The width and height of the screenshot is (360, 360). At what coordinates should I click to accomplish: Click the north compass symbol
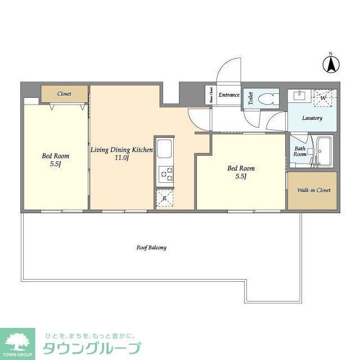click(331, 64)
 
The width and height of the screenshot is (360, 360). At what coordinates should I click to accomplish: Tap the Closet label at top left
click(64, 93)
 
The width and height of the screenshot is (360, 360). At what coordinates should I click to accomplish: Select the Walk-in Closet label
click(313, 190)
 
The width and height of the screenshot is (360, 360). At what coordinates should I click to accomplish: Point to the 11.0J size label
click(122, 158)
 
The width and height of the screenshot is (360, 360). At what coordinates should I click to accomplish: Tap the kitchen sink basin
click(166, 150)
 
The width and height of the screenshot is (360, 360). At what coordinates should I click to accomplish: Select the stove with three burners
click(166, 175)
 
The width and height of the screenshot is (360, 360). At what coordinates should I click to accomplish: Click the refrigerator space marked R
click(164, 198)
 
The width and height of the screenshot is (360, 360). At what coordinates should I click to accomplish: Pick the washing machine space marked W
click(323, 97)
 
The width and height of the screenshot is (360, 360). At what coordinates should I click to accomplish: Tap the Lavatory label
click(312, 118)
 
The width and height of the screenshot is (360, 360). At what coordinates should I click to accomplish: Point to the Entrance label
click(229, 95)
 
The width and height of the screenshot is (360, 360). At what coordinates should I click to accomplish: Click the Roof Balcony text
click(151, 247)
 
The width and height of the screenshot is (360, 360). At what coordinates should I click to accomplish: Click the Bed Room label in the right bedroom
click(241, 168)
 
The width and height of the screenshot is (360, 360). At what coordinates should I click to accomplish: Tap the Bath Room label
click(300, 152)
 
